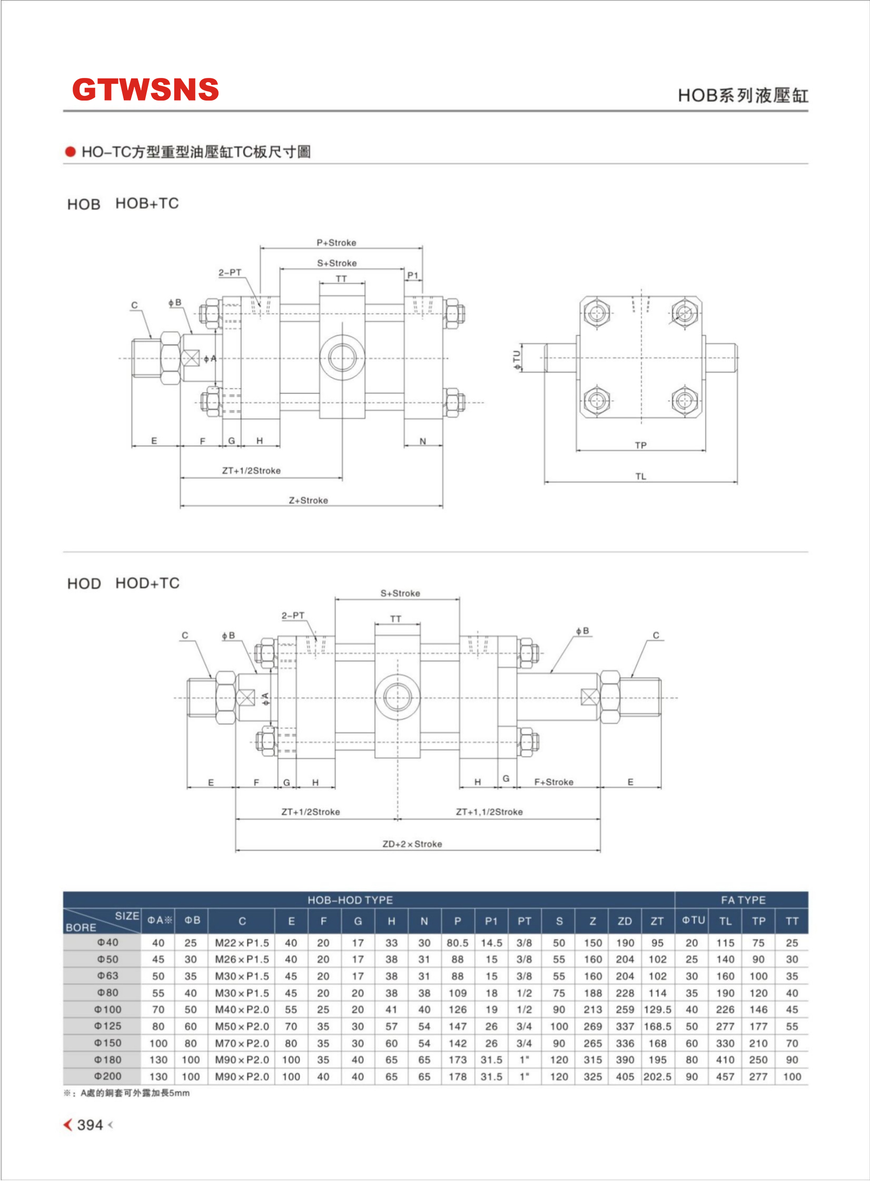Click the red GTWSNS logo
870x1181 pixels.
pos(145,90)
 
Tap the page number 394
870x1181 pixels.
pos(90,1125)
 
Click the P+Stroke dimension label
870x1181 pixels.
pos(337,243)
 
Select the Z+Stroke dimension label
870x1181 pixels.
pos(308,500)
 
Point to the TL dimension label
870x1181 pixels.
pos(640,477)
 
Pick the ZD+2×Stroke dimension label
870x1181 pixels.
pos(412,844)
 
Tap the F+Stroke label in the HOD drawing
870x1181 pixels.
pos(553,782)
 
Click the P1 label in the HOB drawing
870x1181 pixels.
pos(413,275)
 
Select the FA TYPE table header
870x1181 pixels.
pos(743,900)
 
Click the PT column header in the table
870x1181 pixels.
pos(524,921)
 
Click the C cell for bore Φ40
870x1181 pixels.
pos(242,942)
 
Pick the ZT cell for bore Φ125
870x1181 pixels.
pos(657,1026)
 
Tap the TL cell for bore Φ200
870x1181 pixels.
pos(725,1077)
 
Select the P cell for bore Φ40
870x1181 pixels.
pos(457,942)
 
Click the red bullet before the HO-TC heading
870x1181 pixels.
pos(70,152)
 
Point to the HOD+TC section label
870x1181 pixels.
pos(147,583)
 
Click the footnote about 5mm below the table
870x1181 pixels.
pos(127,1093)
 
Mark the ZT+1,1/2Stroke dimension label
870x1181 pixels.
pos(489,812)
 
